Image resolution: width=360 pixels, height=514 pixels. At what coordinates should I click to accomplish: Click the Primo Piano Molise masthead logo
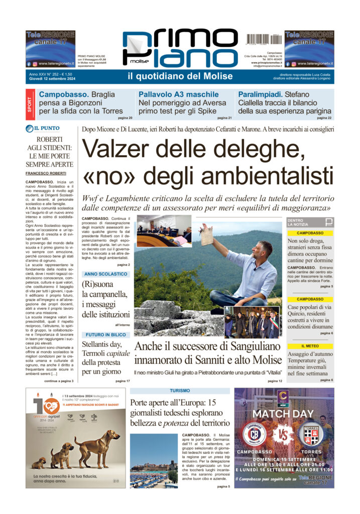pos(179,49)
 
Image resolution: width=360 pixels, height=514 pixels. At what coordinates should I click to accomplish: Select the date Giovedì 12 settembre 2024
pos(51,79)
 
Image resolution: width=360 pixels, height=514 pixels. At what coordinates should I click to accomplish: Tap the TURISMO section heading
pos(180,391)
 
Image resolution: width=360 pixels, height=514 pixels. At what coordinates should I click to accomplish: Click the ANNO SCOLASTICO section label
pos(106,274)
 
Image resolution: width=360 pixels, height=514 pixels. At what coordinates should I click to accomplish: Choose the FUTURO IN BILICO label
pos(105,334)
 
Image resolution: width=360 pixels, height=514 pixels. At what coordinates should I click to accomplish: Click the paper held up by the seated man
pos(206,235)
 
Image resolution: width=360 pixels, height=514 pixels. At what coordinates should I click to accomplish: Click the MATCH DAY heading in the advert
pos(283,414)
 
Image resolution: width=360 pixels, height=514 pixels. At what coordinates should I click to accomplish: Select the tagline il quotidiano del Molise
pos(180,76)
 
